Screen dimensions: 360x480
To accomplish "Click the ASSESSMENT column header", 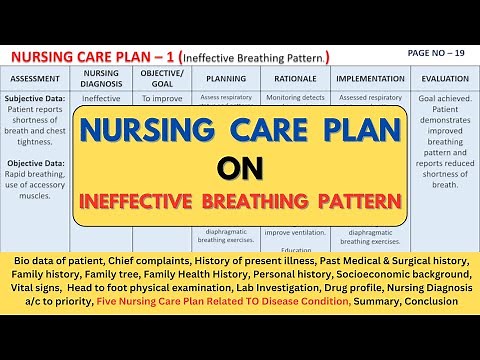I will tap(40, 77).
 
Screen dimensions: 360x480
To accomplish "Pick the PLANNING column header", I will tap(226, 77).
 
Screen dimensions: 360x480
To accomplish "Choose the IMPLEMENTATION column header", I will tap(370, 77).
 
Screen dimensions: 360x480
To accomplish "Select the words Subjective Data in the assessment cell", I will tap(39, 100).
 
